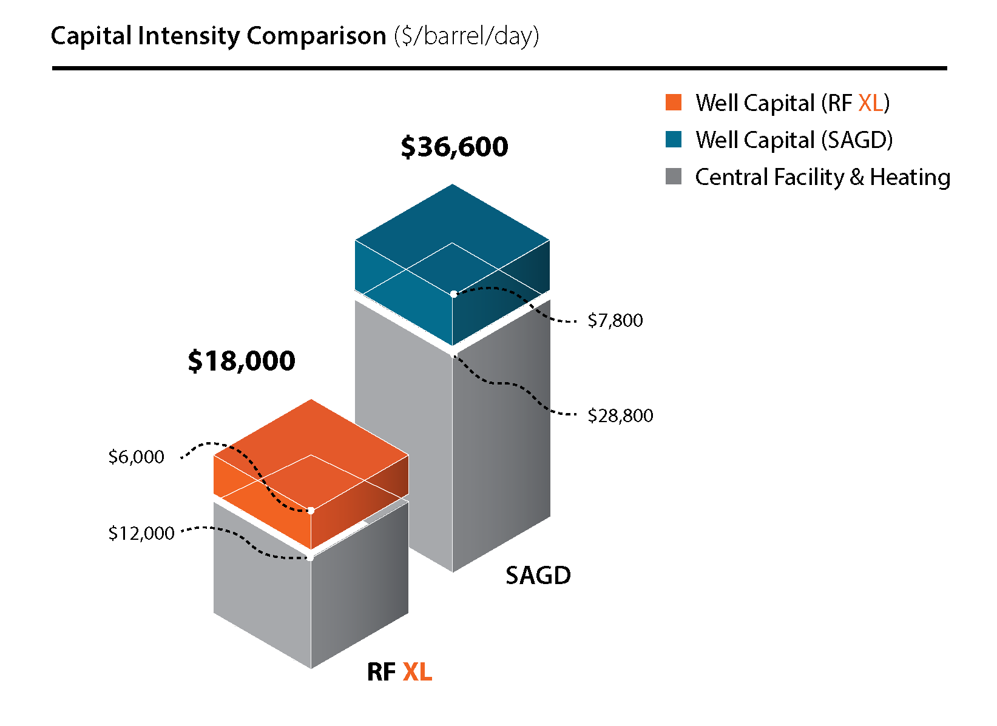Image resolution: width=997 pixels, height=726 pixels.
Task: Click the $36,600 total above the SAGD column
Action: (x=455, y=147)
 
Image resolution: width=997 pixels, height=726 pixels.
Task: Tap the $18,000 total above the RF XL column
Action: (x=242, y=361)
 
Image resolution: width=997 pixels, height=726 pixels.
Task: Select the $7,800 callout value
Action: (x=615, y=320)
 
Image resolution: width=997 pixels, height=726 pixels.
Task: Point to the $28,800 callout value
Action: (x=620, y=415)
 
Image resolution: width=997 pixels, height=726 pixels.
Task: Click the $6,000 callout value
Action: (x=136, y=457)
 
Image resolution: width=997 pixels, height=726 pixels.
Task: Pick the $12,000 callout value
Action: (x=141, y=533)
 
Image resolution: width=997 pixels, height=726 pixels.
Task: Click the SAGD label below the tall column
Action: (x=538, y=576)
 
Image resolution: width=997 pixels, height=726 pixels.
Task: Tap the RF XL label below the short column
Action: (x=399, y=672)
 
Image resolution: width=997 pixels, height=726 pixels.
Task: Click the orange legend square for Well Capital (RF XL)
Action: (x=674, y=103)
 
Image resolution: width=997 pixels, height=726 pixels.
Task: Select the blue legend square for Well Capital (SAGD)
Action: (x=674, y=139)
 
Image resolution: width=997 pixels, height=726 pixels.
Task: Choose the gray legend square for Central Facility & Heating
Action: (x=674, y=176)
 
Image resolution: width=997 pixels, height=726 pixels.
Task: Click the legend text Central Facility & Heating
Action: (x=822, y=177)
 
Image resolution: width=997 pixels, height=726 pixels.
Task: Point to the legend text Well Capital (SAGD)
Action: (x=794, y=140)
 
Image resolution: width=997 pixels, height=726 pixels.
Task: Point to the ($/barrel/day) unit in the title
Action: (x=466, y=36)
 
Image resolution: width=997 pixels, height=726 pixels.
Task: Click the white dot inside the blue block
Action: (x=453, y=294)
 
